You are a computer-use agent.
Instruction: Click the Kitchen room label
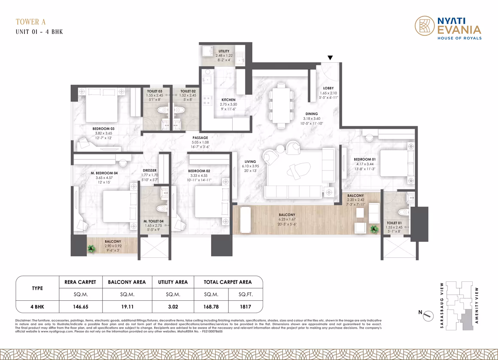coord(228,100)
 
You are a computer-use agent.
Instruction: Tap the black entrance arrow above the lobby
coord(330,58)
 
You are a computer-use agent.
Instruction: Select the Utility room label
coord(224,51)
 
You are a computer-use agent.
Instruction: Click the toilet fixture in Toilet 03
coord(163,110)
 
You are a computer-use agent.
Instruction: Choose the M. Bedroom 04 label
coord(104,173)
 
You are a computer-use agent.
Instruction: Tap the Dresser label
coord(149,171)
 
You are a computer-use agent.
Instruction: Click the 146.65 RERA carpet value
coord(81,307)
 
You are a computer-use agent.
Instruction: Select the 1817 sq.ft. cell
coord(246,307)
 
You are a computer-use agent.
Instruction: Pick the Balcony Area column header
coord(127,282)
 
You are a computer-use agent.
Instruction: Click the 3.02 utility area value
coord(173,307)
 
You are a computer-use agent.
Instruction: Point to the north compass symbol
coord(428,315)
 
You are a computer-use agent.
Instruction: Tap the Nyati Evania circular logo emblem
coord(425,26)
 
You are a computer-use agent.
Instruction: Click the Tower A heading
coord(31,22)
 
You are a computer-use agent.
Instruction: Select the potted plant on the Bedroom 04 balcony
coord(91,248)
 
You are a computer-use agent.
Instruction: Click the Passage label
coord(200,138)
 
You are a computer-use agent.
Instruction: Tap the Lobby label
coord(328,88)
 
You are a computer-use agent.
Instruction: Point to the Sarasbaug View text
coord(442,305)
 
